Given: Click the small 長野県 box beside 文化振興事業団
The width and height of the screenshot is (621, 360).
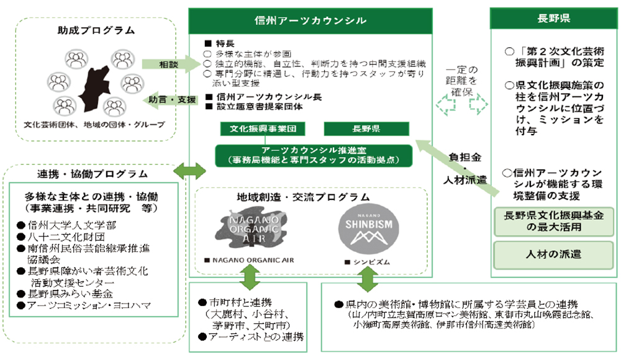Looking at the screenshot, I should click(366, 130).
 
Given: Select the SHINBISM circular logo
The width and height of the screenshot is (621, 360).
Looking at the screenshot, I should click(366, 227).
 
